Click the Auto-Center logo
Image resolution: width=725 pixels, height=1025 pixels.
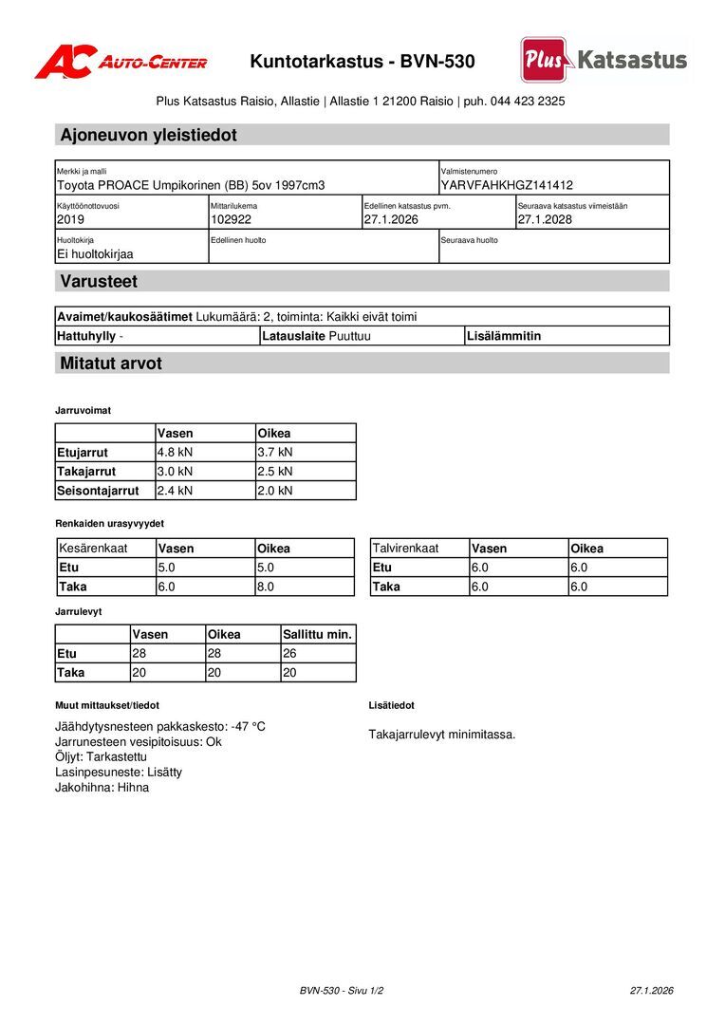[121, 62]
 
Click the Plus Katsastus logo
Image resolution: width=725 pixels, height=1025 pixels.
[604, 60]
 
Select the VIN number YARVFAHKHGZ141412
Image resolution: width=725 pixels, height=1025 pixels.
[507, 185]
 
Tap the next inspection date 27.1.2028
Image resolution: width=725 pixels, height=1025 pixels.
[545, 219]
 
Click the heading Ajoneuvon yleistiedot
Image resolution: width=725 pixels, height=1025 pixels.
[148, 135]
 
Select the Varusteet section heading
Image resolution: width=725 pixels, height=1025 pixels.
[99, 281]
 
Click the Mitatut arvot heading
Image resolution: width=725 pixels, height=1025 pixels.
[111, 363]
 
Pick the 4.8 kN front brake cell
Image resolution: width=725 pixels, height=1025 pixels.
[175, 453]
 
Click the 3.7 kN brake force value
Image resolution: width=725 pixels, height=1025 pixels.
[275, 453]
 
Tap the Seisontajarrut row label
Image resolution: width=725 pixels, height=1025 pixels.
[98, 491]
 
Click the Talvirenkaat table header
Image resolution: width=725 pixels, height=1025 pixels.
[405, 549]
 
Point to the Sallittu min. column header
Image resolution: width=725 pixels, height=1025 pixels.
[317, 634]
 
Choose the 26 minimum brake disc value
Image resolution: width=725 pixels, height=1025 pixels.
[290, 653]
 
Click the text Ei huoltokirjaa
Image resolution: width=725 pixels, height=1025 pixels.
[95, 254]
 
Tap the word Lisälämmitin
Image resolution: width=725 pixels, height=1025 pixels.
[504, 336]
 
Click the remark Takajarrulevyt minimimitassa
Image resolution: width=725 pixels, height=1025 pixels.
[442, 734]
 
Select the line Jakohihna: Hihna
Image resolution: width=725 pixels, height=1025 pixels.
[102, 787]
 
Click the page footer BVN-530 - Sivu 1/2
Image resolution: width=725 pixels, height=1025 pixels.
[342, 990]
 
